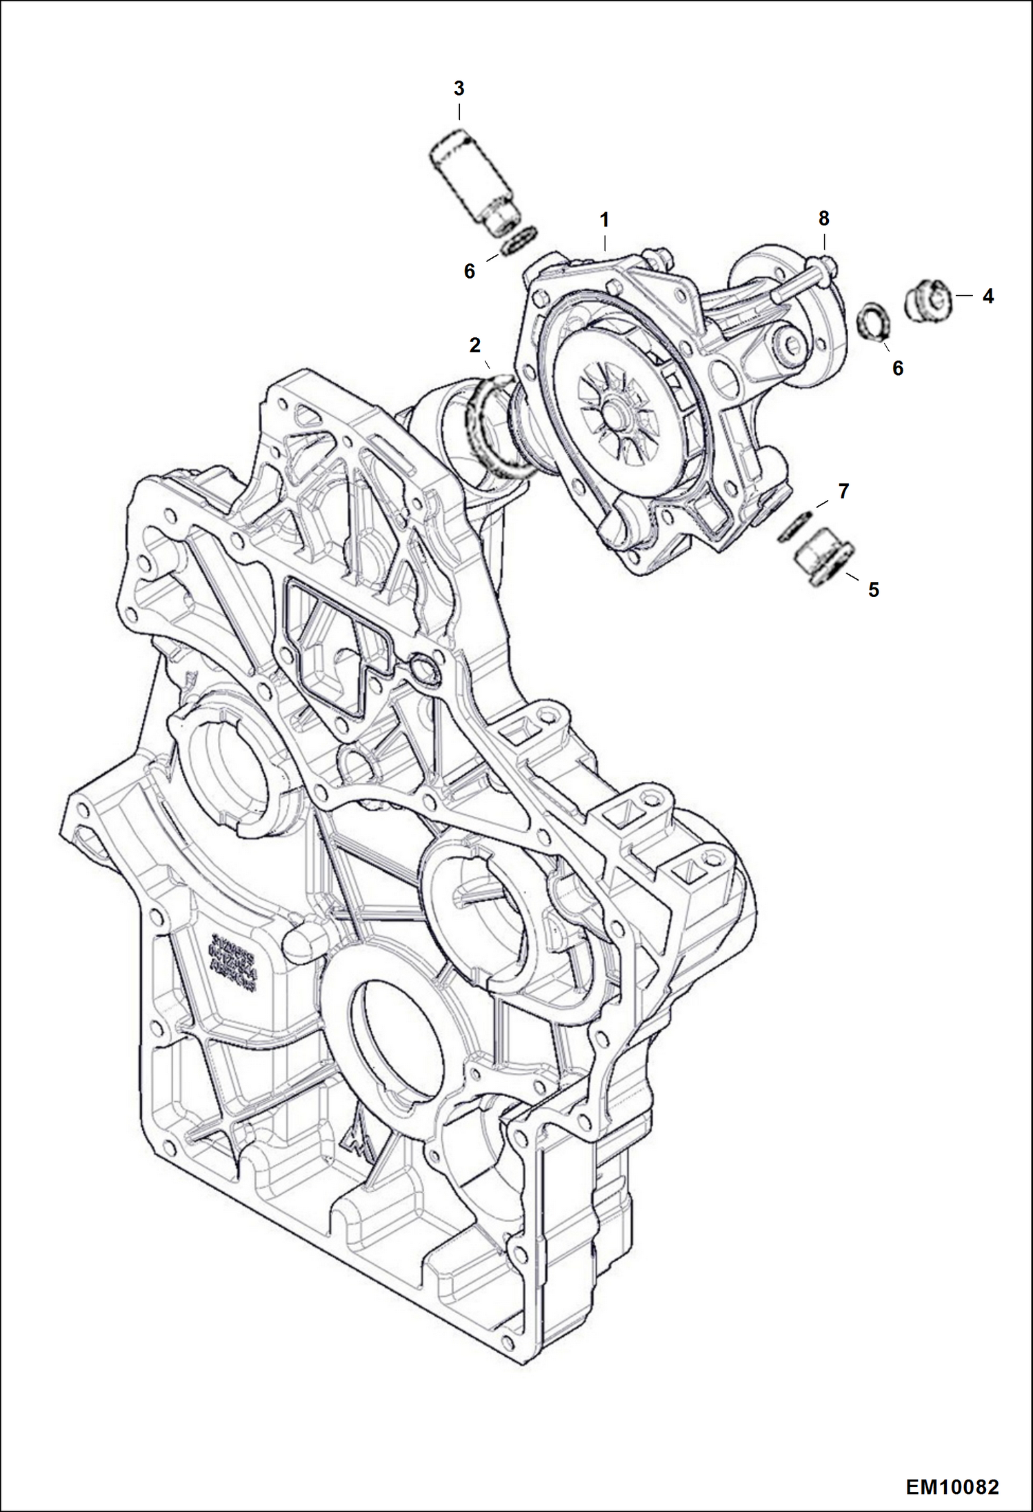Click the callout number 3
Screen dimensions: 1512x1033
click(459, 89)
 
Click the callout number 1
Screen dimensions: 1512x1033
click(604, 221)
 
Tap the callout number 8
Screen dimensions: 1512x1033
click(823, 219)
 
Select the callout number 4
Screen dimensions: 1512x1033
click(987, 296)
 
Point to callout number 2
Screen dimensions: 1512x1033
click(474, 345)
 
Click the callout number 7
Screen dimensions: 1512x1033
click(843, 492)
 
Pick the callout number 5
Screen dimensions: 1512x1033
click(873, 589)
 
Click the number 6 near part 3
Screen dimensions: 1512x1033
click(469, 272)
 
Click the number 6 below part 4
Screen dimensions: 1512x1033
click(897, 368)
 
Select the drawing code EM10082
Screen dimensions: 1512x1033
click(952, 1485)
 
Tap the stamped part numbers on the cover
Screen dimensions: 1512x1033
click(232, 962)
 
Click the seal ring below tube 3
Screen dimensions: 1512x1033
click(520, 242)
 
